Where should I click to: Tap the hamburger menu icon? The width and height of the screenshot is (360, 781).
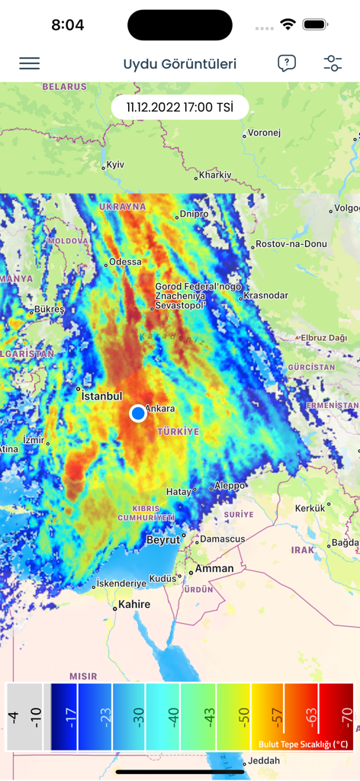(30, 63)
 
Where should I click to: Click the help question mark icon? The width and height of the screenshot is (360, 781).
(286, 63)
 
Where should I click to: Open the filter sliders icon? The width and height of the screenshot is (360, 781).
(333, 63)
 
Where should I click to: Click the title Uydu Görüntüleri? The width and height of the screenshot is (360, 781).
(180, 64)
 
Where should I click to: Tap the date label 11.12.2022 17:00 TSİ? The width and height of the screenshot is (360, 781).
(180, 108)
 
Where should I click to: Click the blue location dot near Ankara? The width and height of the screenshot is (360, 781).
(137, 413)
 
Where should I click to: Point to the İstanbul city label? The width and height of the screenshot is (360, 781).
(102, 397)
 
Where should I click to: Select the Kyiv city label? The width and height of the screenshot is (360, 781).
(115, 164)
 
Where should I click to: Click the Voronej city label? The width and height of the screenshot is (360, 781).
(264, 133)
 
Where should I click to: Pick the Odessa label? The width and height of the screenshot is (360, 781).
(125, 262)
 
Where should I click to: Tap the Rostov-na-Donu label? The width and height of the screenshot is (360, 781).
(293, 244)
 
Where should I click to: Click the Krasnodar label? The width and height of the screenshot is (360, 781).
(266, 295)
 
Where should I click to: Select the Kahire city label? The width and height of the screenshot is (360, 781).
(134, 605)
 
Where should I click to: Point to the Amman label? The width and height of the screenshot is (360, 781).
(214, 569)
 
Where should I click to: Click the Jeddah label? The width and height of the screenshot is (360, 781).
(264, 760)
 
